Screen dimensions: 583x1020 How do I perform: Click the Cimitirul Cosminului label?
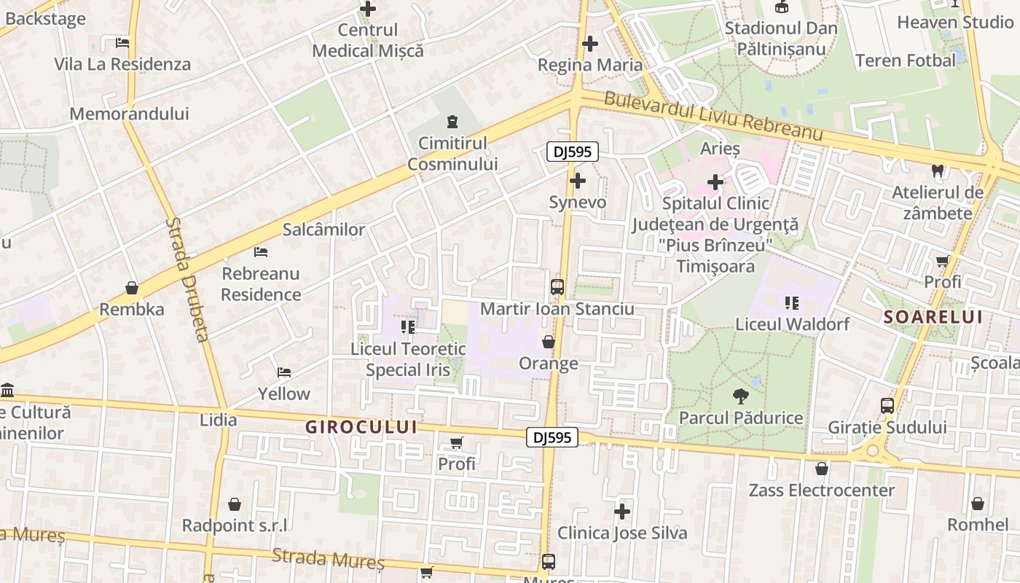pos(452,154)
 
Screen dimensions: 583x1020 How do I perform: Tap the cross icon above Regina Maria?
pos(590,44)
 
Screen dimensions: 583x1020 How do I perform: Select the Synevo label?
pos(577,202)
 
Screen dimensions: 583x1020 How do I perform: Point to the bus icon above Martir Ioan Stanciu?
pos(557,287)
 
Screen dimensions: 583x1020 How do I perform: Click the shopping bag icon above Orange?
pos(549,342)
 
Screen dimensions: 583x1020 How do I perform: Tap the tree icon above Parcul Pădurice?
pos(741,397)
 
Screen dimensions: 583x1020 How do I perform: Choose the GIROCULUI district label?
pos(361,427)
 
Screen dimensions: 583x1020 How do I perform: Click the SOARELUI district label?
pos(933,317)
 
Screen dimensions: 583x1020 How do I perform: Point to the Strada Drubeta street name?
pos(187,279)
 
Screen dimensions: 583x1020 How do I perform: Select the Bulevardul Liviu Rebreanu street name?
pos(713,117)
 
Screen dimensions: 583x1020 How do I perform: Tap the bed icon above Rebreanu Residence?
pos(261,252)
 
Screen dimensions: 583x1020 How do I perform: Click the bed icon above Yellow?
pos(284,372)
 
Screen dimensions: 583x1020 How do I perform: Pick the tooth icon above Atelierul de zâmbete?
pos(938,172)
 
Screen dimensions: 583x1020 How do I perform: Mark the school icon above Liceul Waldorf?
pos(792,302)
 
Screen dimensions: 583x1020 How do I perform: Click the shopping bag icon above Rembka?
pos(132,288)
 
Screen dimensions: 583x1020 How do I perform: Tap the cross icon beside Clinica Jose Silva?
pos(621,512)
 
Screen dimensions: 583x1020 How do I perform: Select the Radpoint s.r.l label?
pos(234,525)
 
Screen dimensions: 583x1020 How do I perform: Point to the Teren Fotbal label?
pos(905,60)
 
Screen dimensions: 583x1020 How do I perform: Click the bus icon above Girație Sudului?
pos(887,406)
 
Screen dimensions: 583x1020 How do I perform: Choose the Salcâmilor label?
pos(323,230)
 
